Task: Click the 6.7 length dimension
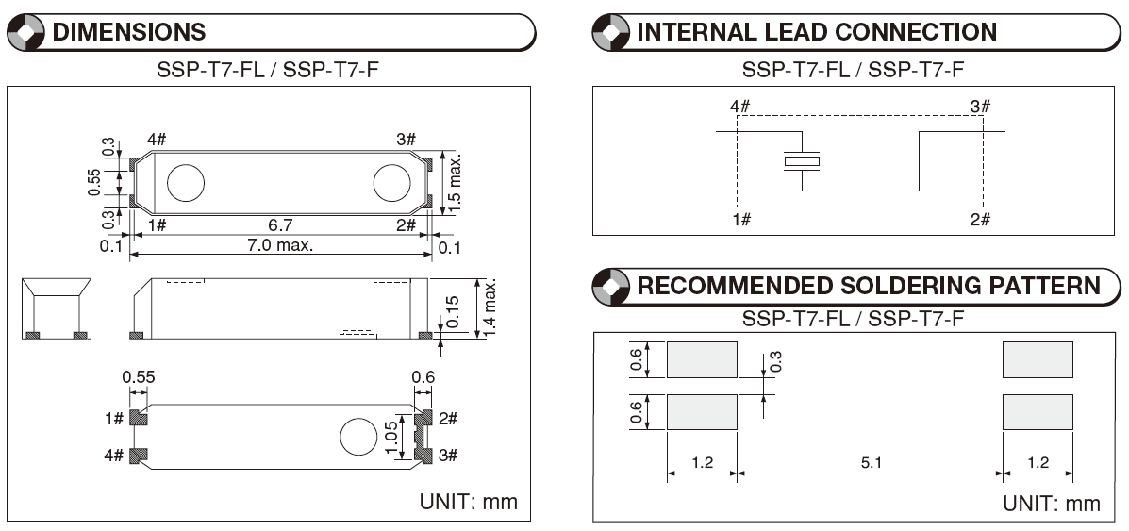(x=280, y=224)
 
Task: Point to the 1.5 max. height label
(x=455, y=180)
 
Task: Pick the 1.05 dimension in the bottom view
(x=391, y=437)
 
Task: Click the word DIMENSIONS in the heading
(x=129, y=32)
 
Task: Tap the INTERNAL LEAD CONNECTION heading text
(x=817, y=32)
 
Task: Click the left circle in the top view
(x=186, y=182)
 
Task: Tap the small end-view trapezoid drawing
(x=57, y=308)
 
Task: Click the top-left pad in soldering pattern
(x=702, y=359)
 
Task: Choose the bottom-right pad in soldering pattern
(x=1038, y=412)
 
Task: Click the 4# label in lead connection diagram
(x=739, y=107)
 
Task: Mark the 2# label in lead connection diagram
(x=980, y=219)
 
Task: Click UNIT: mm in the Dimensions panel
(x=468, y=502)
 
